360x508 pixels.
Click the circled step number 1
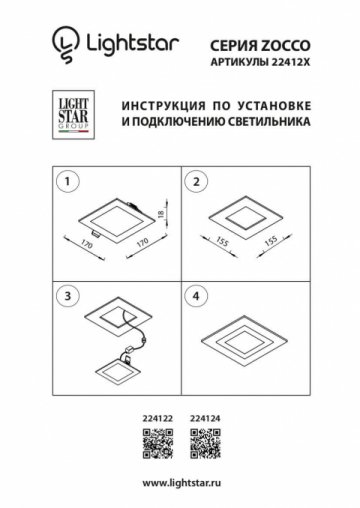pyautogui.click(x=68, y=182)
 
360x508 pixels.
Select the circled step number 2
pyautogui.click(x=196, y=182)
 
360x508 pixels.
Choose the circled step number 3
pyautogui.click(x=68, y=296)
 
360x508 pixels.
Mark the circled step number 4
pyautogui.click(x=196, y=296)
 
